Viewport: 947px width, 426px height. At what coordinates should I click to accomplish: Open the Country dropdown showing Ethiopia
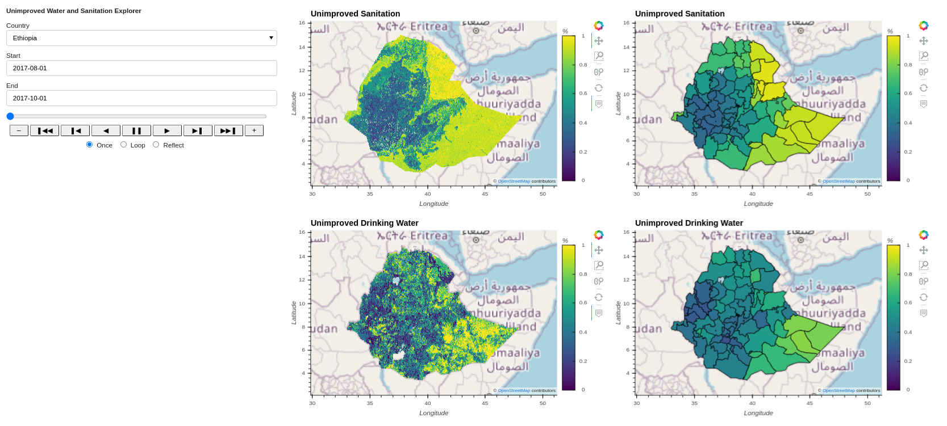[141, 38]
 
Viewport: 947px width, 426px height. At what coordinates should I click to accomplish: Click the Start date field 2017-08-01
[141, 68]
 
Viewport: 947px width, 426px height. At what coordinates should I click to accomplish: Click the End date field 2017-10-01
[141, 98]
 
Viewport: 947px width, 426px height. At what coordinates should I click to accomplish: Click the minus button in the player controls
[19, 130]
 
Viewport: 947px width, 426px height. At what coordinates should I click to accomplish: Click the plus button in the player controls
[254, 130]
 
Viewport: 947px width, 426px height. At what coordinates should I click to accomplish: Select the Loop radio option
[123, 145]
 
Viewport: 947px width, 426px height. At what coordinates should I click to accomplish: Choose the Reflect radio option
[156, 145]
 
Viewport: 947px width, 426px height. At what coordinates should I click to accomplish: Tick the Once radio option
[89, 145]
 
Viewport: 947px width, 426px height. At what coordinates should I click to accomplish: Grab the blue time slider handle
[10, 116]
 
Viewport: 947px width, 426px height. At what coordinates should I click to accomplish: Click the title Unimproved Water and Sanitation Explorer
[74, 11]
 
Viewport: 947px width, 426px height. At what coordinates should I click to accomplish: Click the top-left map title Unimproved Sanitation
[355, 14]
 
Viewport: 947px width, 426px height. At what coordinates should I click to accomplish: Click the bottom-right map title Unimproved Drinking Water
[689, 223]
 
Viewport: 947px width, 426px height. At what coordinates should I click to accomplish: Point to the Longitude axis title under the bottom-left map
[433, 413]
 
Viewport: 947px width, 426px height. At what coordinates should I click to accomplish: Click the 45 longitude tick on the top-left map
[485, 194]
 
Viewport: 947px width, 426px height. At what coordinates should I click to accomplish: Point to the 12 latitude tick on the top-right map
[626, 70]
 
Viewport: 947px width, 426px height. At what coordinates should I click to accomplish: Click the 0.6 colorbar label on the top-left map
[583, 94]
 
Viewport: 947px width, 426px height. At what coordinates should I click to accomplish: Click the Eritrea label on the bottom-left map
[429, 235]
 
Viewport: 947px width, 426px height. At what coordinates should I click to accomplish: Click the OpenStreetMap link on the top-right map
[838, 182]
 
